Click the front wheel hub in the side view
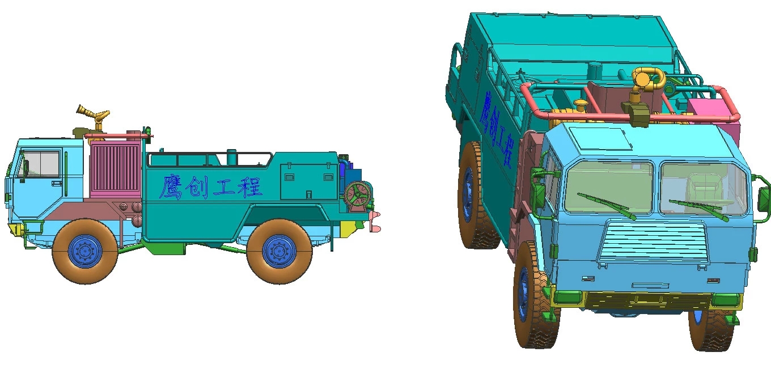(85, 252)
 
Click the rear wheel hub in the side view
(279, 252)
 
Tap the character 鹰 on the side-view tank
(171, 187)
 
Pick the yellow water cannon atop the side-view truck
(93, 116)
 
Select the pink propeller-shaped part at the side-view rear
(375, 222)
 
